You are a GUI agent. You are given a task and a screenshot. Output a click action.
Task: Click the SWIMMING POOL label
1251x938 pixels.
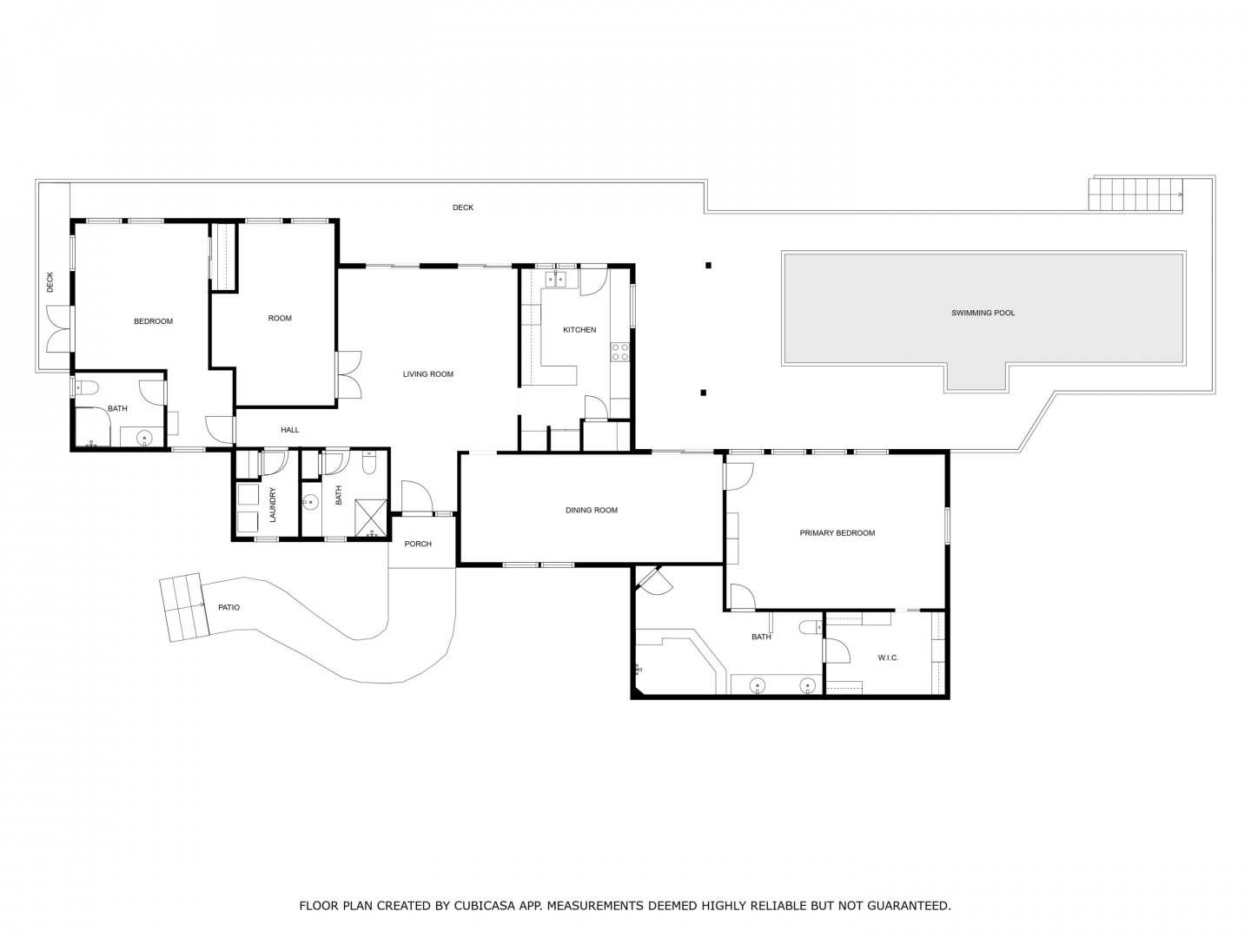point(983,313)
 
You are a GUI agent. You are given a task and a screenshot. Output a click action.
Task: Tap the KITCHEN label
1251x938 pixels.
point(579,330)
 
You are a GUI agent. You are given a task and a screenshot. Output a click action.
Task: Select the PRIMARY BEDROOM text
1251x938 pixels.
point(837,533)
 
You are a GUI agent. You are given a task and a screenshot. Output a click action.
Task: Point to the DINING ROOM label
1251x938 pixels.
point(591,511)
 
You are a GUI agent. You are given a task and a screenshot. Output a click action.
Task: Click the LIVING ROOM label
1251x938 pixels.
point(428,374)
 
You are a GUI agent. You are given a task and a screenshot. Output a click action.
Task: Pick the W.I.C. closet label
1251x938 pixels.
point(888,657)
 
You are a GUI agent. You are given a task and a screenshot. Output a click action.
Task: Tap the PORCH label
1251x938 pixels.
point(418,544)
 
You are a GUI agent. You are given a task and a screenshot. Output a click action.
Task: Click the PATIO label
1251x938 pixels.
point(228,608)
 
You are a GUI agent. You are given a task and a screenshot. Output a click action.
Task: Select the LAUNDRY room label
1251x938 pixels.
point(273,505)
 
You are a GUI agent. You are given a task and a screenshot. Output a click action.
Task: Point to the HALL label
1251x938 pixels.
point(289,430)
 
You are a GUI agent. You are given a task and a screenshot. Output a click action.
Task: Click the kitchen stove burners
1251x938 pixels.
point(619,352)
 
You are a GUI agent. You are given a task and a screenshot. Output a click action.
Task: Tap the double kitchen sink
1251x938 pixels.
point(555,280)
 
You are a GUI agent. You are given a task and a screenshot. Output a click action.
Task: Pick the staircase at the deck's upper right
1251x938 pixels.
point(1135,195)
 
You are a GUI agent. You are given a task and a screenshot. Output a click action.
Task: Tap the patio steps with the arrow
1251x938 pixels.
point(183,608)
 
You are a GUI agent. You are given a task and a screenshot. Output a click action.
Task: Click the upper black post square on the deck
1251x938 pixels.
point(708,265)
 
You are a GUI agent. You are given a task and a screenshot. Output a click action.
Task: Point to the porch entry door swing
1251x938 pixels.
point(417,496)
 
